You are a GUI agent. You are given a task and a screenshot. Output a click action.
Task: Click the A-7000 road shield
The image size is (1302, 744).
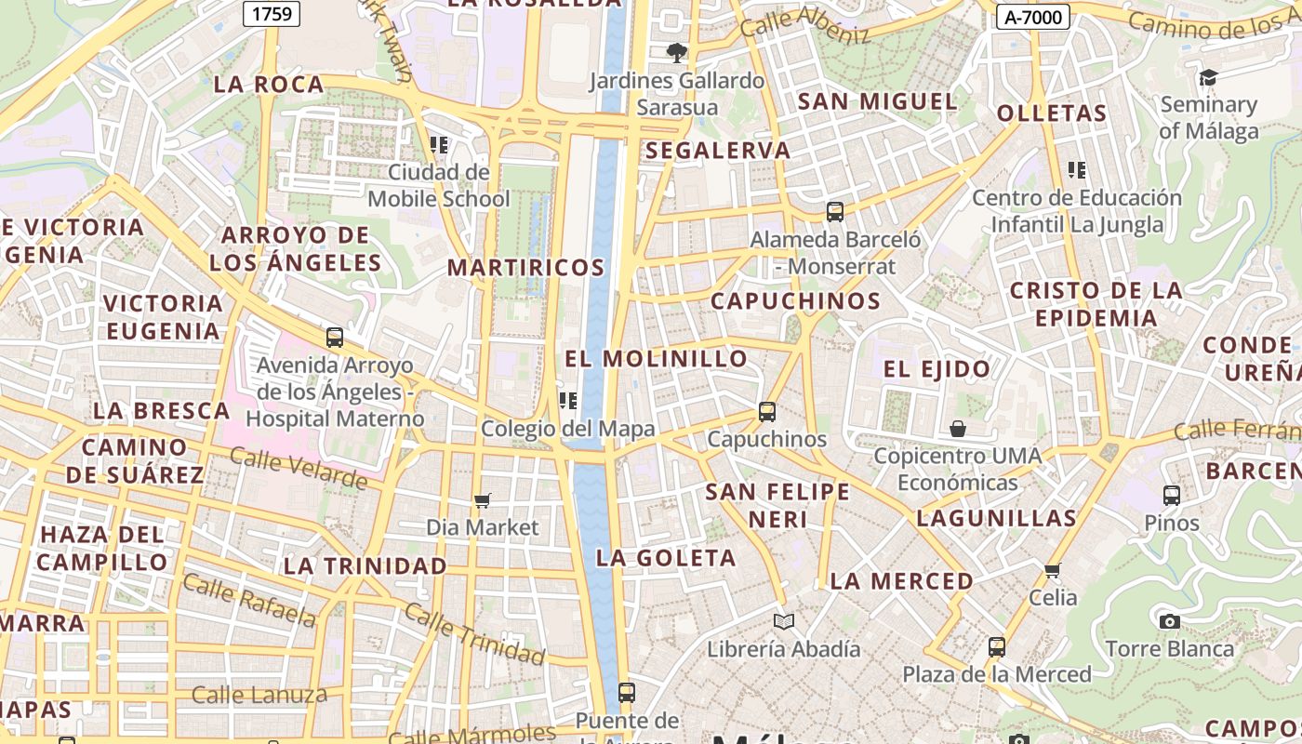(1032, 16)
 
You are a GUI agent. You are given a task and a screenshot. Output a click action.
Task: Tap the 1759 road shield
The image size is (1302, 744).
(272, 13)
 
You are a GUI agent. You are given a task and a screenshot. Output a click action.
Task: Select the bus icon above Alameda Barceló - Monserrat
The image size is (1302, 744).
(835, 212)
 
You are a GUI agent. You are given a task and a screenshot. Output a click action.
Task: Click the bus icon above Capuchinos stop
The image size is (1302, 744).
(767, 411)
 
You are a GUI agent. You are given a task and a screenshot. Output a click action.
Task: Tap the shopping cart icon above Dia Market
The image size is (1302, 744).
(482, 501)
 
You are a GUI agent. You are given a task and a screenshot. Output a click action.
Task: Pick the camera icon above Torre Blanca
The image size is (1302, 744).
(1170, 621)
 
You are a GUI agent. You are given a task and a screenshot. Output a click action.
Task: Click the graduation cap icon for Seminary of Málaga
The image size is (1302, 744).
(1208, 77)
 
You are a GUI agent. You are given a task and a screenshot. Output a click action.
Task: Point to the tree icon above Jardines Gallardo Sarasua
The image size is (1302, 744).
(676, 53)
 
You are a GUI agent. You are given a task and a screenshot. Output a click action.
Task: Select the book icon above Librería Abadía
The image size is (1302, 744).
(784, 621)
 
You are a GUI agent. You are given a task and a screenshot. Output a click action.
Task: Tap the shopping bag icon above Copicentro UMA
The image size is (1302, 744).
(958, 429)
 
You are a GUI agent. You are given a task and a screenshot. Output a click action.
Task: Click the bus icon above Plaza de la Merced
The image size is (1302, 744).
(997, 646)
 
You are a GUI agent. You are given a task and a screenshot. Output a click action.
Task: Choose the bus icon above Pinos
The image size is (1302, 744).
(1172, 495)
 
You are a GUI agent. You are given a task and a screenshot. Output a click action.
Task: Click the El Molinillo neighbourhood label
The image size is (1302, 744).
(657, 359)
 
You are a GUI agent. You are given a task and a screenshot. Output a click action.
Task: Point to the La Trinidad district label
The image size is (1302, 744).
(365, 565)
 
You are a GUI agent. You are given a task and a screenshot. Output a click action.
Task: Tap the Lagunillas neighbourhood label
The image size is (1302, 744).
(996, 518)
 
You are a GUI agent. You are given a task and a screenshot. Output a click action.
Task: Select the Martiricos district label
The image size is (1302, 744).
(526, 268)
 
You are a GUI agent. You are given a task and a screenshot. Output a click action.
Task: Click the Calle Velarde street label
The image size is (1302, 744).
(299, 468)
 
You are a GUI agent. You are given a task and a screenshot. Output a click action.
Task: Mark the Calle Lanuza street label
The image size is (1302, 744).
(259, 695)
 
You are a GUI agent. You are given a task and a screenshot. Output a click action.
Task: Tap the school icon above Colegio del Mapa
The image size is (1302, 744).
(567, 401)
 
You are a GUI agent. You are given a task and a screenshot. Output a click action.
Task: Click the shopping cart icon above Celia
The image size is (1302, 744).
(1053, 570)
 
